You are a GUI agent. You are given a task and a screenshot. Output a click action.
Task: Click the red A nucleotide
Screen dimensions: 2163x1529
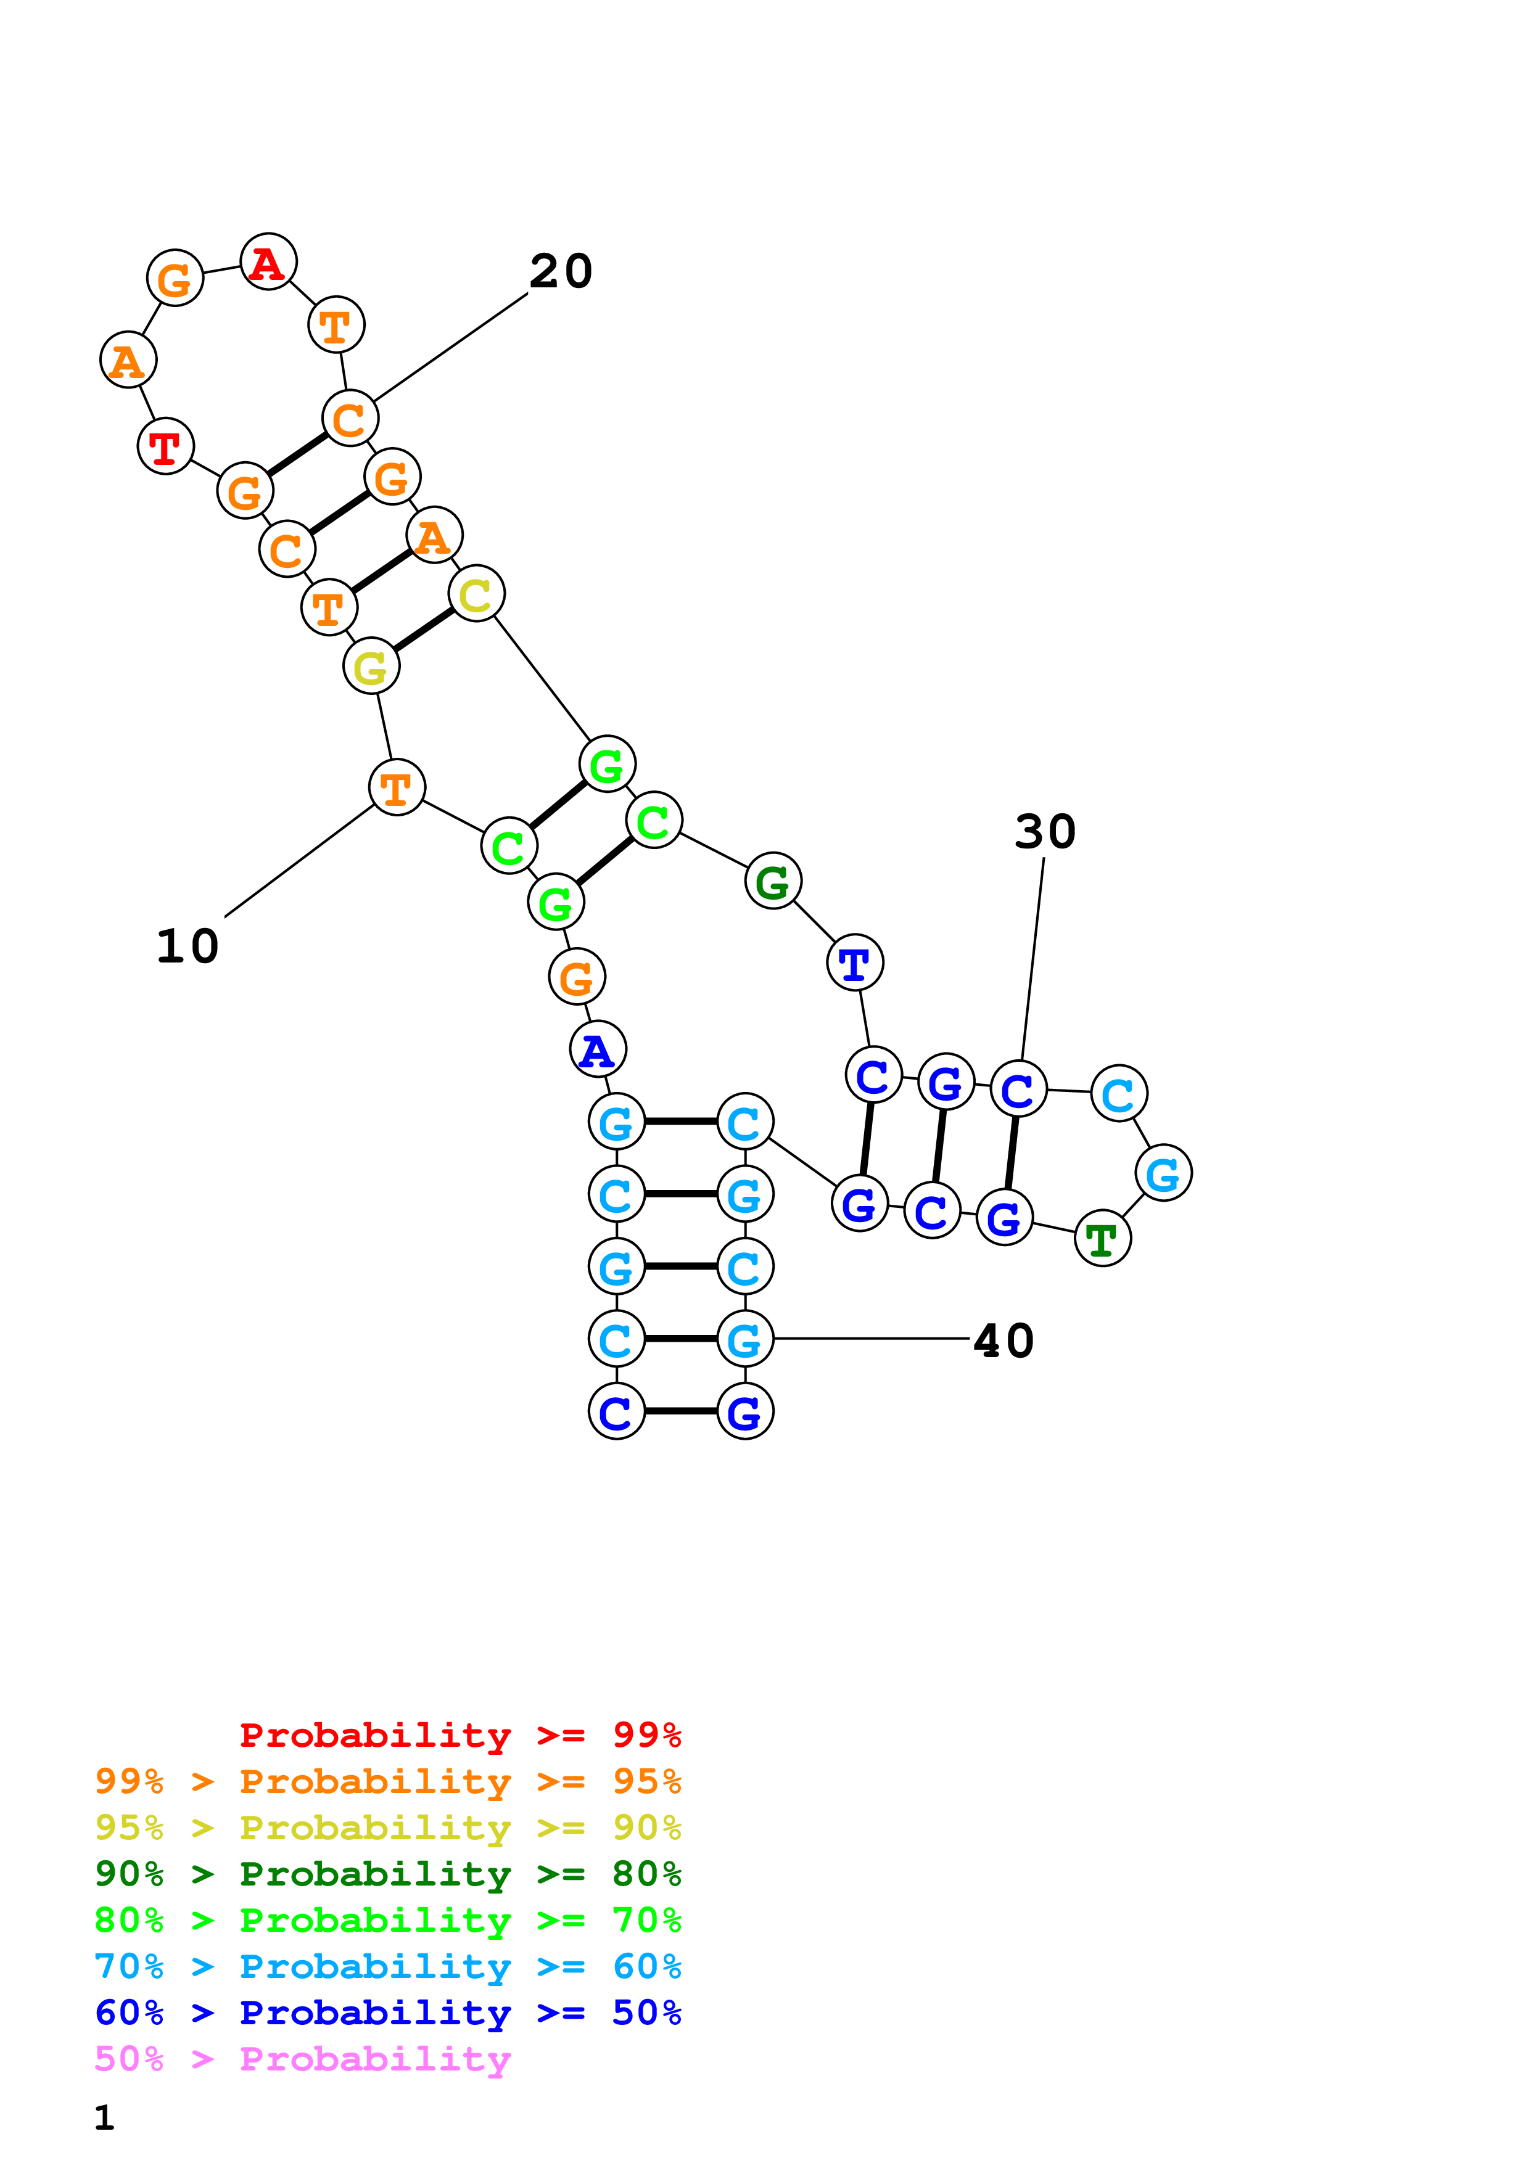268,262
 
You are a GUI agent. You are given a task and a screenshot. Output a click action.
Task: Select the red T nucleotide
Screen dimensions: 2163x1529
166,446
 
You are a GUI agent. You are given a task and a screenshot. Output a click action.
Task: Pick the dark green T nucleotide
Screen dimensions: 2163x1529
1102,1239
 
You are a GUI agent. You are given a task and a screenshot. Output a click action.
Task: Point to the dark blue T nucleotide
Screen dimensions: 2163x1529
854,962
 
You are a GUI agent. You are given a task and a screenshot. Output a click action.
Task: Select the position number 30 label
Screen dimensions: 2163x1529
1045,832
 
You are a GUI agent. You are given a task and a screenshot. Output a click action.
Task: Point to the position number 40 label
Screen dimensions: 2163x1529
1004,1340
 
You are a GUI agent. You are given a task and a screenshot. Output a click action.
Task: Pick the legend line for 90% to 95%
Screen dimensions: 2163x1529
387,1828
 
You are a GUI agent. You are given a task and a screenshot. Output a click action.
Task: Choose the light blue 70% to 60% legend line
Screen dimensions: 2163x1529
387,1966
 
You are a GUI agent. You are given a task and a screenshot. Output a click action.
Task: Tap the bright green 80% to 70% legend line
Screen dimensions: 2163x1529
387,1920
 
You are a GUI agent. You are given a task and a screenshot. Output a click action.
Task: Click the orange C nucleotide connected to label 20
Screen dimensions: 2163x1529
350,418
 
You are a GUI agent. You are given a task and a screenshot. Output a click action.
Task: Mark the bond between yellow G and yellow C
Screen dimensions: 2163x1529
423,630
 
